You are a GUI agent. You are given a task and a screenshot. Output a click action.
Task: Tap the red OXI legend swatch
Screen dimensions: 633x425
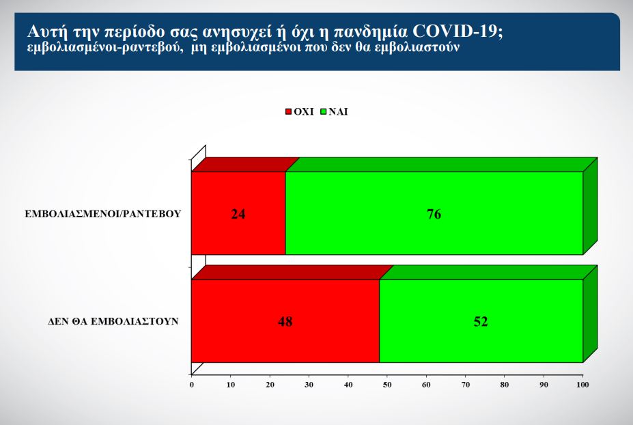288,111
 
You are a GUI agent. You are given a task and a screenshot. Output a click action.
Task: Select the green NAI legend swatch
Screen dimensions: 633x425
324,111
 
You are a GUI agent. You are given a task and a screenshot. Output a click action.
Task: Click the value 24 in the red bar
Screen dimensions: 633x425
238,214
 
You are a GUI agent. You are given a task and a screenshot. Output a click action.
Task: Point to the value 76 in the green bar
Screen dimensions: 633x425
434,214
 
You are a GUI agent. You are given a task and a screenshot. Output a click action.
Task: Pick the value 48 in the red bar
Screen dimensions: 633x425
285,322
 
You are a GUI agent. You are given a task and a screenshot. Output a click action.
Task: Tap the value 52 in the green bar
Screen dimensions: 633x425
481,322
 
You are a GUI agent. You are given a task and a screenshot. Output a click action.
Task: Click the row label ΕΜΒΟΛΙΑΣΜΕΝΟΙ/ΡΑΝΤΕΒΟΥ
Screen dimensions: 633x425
103,214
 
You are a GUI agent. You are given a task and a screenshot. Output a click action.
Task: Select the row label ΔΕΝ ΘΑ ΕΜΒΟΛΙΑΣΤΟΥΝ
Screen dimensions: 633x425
113,322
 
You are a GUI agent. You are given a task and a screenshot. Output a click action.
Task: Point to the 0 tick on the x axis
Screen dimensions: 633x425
192,385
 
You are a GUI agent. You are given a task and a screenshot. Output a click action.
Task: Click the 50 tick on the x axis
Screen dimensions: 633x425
387,385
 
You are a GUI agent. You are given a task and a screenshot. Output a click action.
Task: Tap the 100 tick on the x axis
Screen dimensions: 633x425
582,385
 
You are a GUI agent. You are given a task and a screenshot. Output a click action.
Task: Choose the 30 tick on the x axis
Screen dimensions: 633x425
309,385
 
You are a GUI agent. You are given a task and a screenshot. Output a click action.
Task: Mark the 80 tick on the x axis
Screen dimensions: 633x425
505,385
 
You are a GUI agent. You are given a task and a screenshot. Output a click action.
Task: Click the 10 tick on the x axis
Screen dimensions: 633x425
231,385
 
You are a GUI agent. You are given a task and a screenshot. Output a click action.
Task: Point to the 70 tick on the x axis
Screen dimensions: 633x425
466,385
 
